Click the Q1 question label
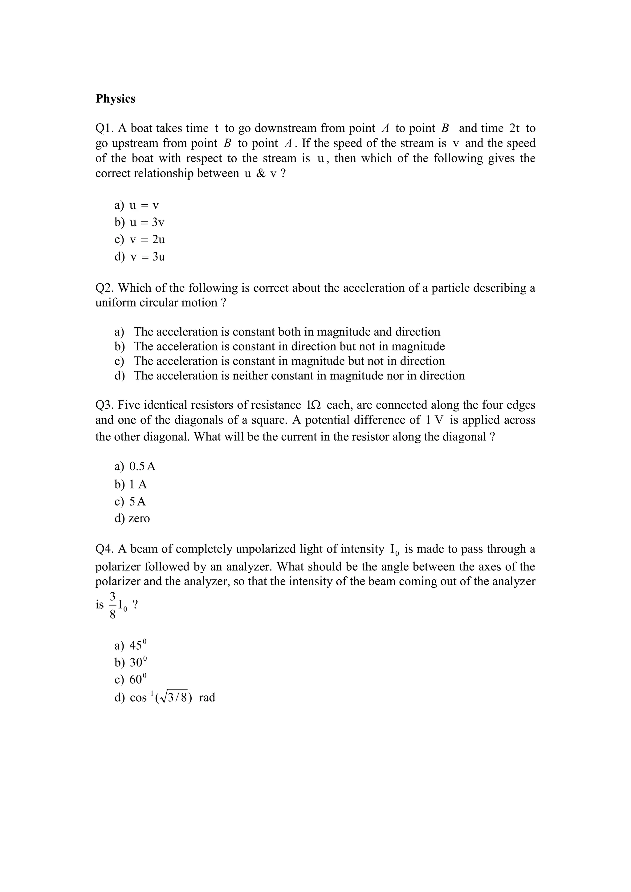pos(104,128)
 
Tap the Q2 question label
pos(105,288)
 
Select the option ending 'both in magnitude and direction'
pos(287,332)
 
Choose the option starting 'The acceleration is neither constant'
pos(299,376)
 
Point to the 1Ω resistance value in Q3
pos(313,405)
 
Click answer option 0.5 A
pos(142,467)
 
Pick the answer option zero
pos(139,519)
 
